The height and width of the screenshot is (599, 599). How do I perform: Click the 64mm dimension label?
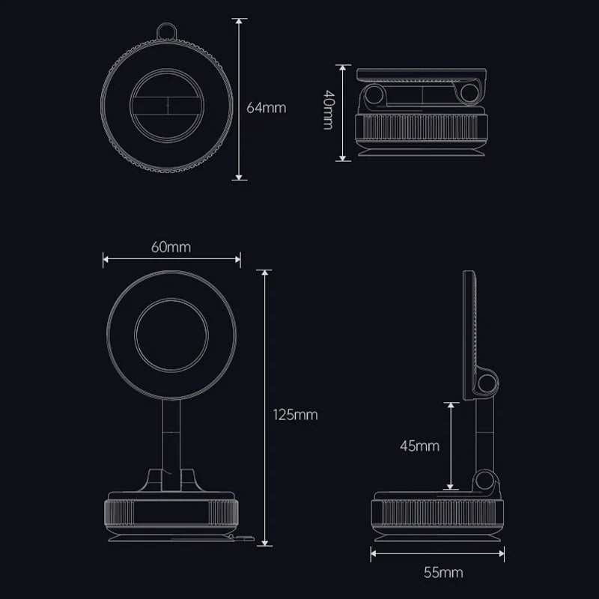coord(267,107)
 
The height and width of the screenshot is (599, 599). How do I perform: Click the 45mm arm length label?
coord(419,446)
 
